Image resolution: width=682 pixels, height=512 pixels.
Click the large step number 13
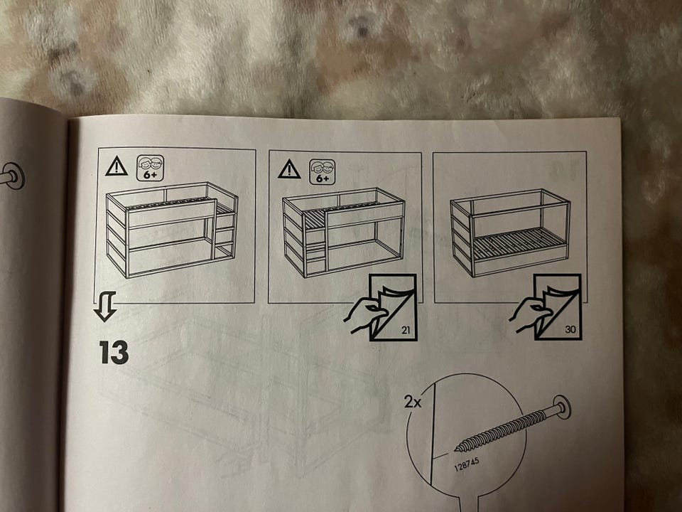(x=114, y=352)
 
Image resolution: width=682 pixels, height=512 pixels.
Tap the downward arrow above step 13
(x=105, y=306)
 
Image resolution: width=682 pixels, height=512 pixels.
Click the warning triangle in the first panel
(x=117, y=166)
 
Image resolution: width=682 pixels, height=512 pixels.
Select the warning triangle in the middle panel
(x=289, y=169)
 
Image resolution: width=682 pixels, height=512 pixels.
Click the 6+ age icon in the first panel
(x=151, y=168)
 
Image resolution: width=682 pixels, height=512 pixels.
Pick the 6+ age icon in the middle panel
(x=323, y=171)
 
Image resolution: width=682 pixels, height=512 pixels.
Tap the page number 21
(x=406, y=330)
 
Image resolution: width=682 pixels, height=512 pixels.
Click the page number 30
(x=570, y=329)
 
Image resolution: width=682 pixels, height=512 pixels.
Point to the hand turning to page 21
(x=364, y=315)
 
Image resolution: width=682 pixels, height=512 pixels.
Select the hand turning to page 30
(x=530, y=315)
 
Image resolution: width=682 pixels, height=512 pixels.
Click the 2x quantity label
(x=413, y=401)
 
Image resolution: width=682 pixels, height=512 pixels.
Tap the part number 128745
(x=467, y=464)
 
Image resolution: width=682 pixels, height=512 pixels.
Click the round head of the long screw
(x=562, y=407)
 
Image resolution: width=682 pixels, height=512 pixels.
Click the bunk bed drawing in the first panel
(x=172, y=230)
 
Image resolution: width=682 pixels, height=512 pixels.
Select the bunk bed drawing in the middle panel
(x=344, y=233)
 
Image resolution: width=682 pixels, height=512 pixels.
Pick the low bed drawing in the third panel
(x=510, y=233)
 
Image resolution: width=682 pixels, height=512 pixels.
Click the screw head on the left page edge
(x=14, y=176)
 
